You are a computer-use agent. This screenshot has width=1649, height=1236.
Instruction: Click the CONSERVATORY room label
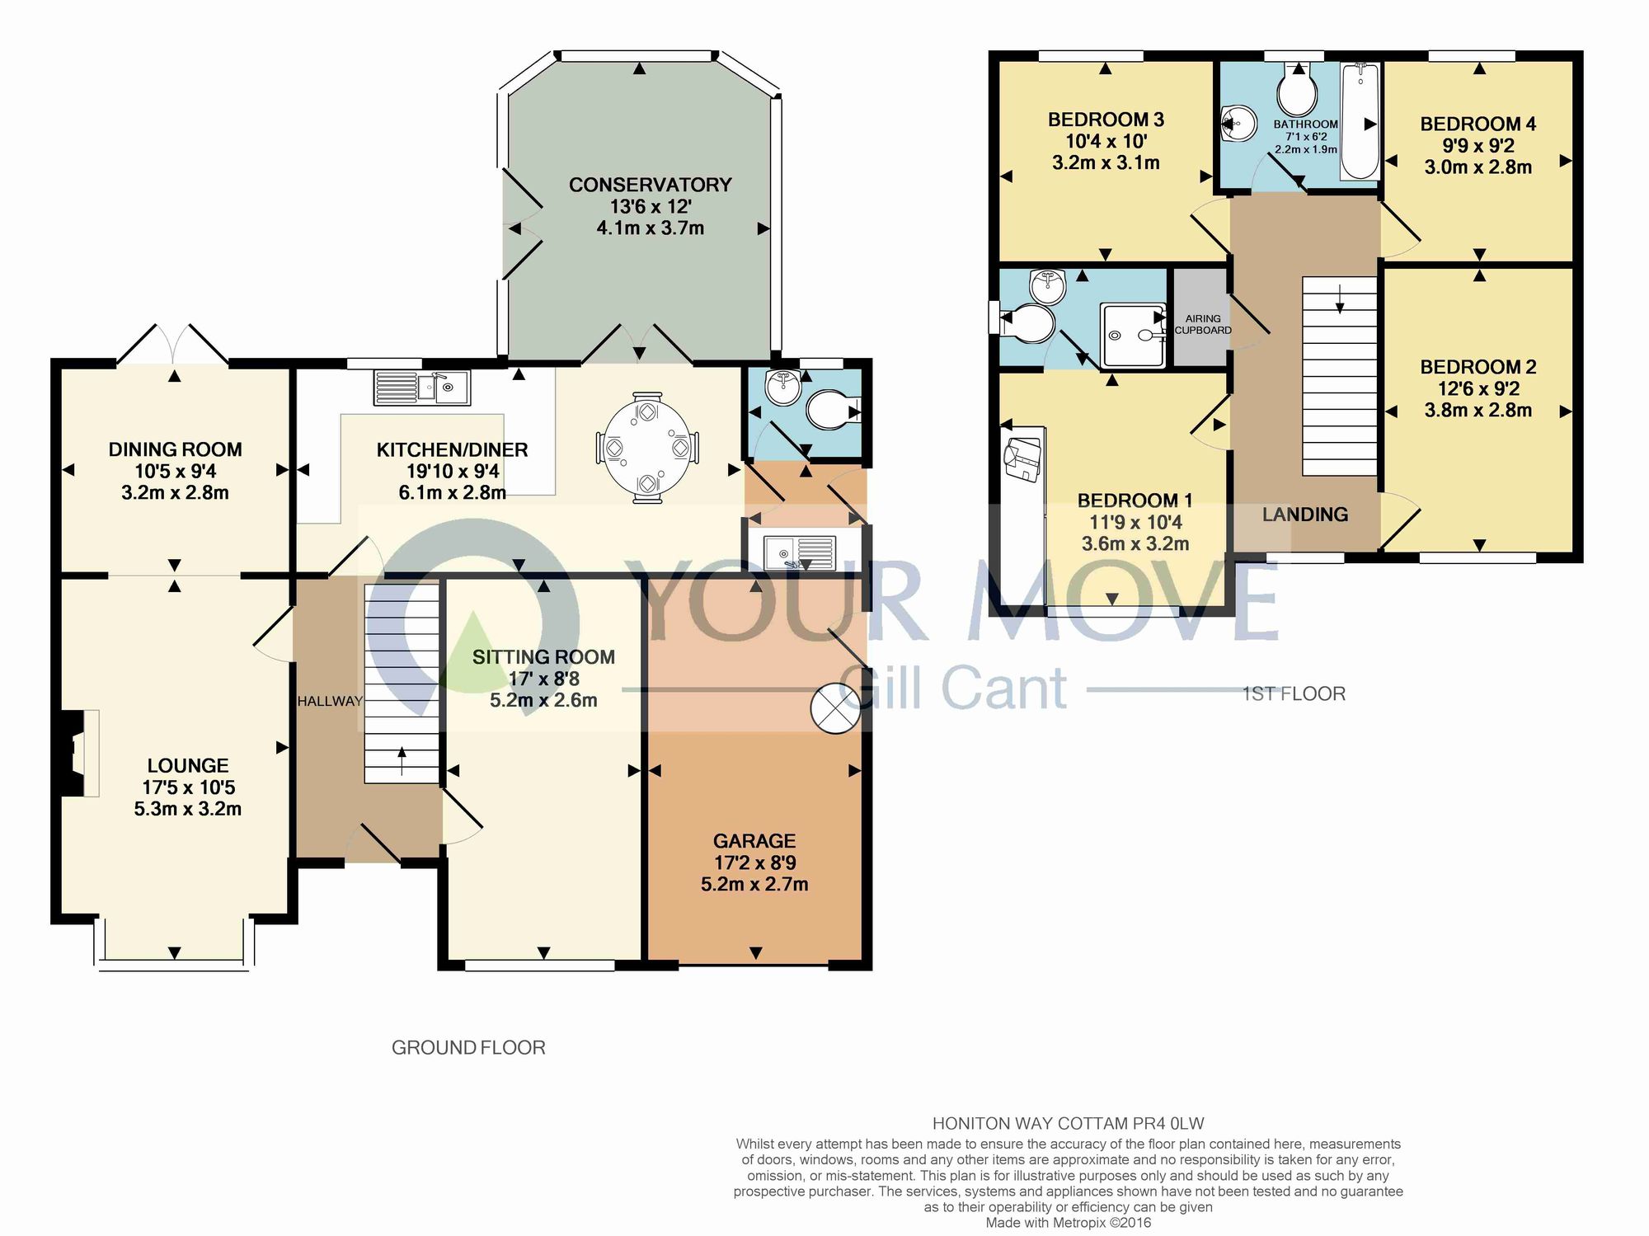pyautogui.click(x=650, y=185)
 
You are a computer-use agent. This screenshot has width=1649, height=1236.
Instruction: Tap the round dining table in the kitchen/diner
pyautogui.click(x=648, y=447)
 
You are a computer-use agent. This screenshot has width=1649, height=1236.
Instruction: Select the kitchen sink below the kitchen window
pyautogui.click(x=421, y=388)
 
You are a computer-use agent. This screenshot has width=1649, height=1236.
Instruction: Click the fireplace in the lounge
pyautogui.click(x=78, y=753)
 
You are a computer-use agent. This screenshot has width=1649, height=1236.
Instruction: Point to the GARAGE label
pyautogui.click(x=754, y=841)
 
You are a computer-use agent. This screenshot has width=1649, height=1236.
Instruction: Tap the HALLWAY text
pyautogui.click(x=330, y=701)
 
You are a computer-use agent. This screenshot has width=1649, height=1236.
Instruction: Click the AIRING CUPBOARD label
pyautogui.click(x=1203, y=324)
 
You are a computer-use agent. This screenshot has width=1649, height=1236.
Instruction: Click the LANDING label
pyautogui.click(x=1305, y=515)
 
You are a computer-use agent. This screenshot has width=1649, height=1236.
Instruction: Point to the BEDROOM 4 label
pyautogui.click(x=1478, y=125)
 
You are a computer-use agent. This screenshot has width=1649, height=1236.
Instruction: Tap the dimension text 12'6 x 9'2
pyautogui.click(x=1478, y=388)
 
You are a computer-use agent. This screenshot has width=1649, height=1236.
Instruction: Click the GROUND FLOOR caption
pyautogui.click(x=468, y=1047)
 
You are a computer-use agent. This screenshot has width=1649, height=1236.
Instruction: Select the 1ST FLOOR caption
pyautogui.click(x=1294, y=694)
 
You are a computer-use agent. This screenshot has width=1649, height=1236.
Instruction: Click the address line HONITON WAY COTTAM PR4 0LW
pyautogui.click(x=1068, y=1123)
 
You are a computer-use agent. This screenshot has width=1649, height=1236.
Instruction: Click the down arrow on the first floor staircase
pyautogui.click(x=1340, y=298)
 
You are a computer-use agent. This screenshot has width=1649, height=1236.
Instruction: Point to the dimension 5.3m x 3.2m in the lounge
pyautogui.click(x=188, y=809)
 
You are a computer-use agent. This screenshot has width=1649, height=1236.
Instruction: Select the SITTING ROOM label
pyautogui.click(x=543, y=657)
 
